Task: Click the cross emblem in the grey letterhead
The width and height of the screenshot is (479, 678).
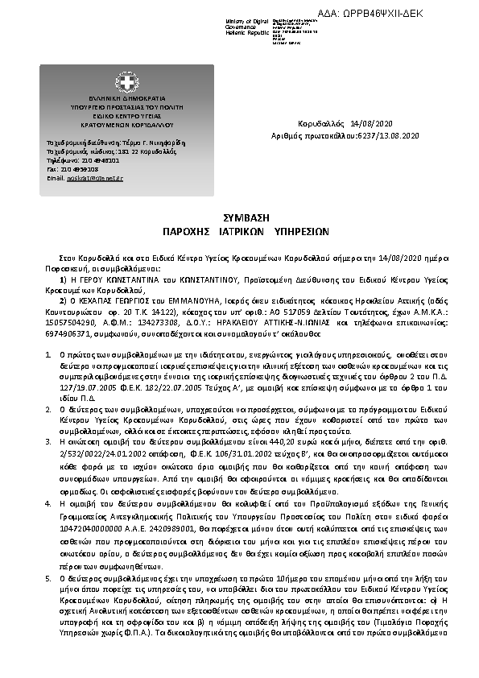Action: [126, 81]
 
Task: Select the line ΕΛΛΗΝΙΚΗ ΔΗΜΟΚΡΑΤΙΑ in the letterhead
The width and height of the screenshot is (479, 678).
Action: [126, 97]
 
